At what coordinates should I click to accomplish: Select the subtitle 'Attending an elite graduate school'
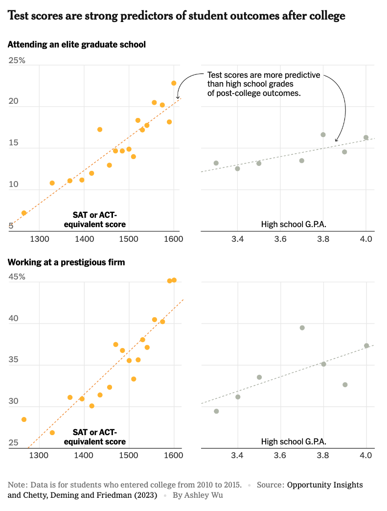77,45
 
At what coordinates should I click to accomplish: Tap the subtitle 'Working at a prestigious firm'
66,262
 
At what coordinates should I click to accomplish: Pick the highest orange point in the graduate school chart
174,83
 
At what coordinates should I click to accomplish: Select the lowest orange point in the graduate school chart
24,213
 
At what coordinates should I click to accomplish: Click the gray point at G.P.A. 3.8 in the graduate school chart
323,135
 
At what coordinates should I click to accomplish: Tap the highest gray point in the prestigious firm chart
302,328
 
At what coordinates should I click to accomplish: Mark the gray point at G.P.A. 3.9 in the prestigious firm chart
345,385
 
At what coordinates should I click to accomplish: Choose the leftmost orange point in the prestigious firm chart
24,419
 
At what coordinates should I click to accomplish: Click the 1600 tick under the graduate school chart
174,239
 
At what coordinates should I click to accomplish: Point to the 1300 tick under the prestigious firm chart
39,456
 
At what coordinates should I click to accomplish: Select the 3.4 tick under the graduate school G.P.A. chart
237,239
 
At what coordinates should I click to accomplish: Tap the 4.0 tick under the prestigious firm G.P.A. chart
366,456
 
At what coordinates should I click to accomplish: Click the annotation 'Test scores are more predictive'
264,75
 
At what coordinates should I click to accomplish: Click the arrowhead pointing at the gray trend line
336,141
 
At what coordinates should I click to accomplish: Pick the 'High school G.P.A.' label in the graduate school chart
294,225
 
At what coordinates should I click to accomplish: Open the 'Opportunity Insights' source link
325,485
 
